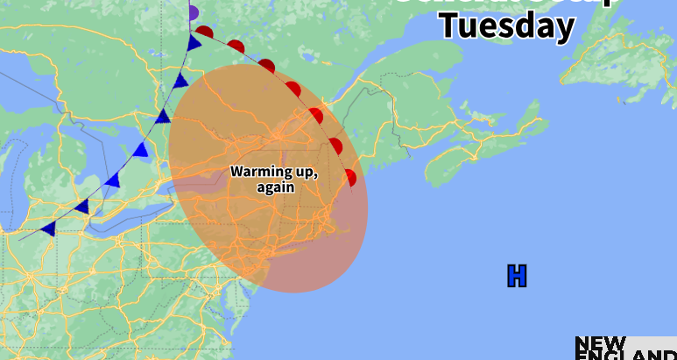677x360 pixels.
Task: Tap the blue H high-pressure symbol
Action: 517,276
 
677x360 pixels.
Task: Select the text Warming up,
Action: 274,171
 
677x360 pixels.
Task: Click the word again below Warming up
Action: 275,187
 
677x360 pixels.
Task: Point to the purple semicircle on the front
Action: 194,13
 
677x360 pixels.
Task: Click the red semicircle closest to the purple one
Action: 205,32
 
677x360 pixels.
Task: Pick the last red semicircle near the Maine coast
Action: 350,178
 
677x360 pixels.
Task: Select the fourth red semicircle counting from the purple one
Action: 293,88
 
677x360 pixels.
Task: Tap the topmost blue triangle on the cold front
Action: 194,43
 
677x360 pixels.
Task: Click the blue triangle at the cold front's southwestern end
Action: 48,229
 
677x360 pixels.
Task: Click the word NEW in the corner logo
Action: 600,342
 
